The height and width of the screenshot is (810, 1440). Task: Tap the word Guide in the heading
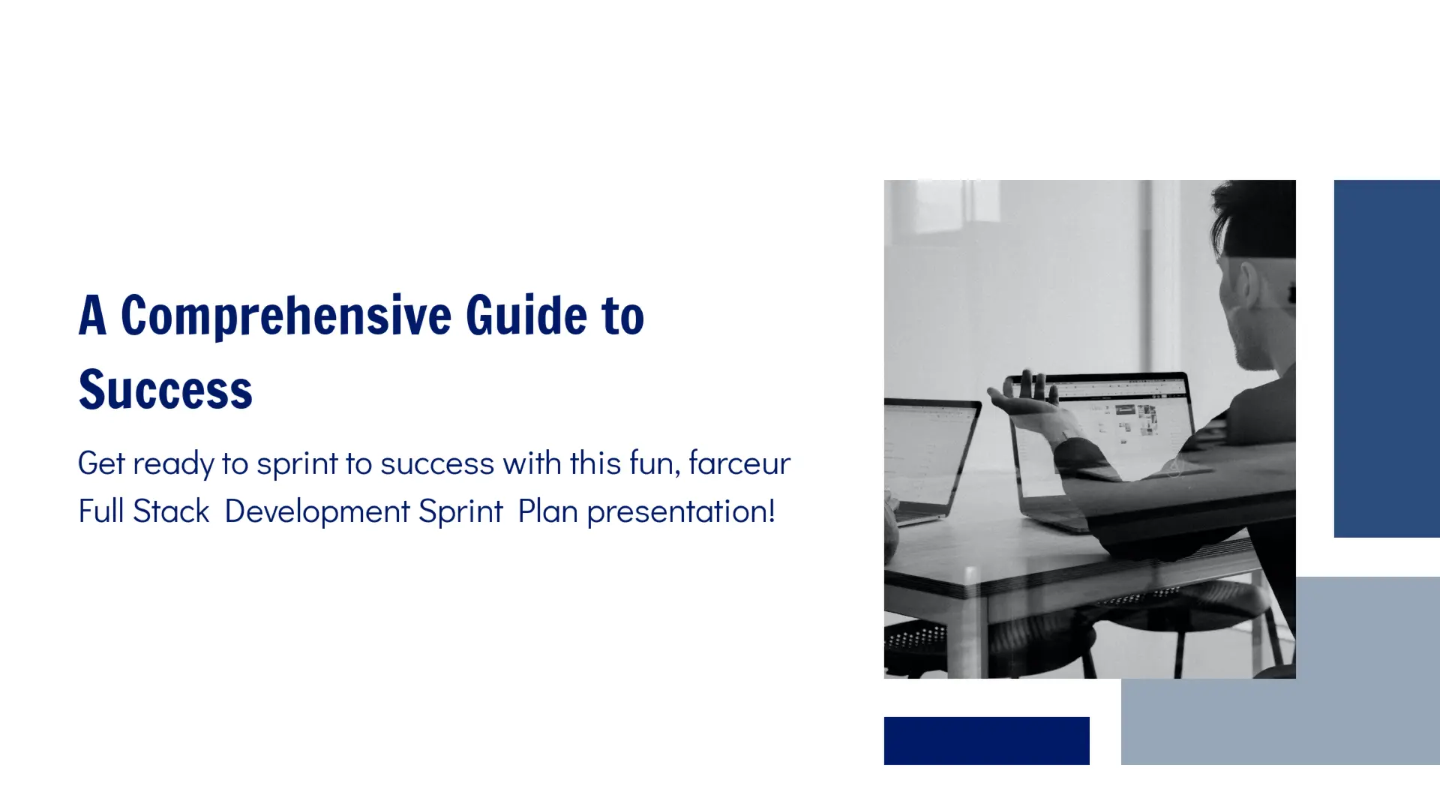[526, 316]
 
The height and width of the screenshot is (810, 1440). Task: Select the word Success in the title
[166, 390]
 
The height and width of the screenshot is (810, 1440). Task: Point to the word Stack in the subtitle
[171, 511]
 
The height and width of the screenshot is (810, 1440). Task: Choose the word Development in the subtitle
[317, 511]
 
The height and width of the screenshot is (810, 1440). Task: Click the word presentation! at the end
[680, 511]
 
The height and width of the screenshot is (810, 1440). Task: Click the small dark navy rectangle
[986, 740]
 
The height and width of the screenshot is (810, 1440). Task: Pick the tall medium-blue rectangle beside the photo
[1386, 358]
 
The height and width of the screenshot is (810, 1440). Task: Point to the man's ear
[1246, 285]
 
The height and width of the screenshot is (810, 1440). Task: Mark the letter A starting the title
[92, 316]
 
